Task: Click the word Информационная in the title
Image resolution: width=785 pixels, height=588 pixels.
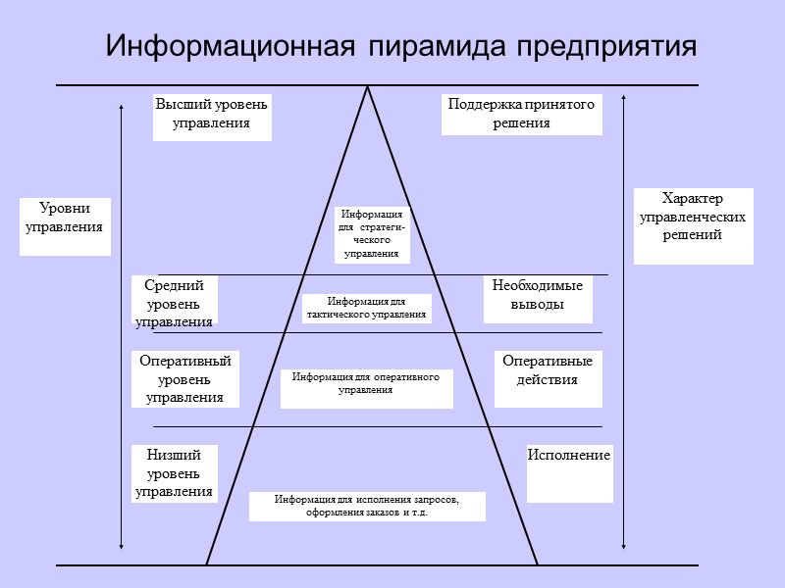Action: [x=229, y=46]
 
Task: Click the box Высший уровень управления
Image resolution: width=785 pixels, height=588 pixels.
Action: [x=212, y=117]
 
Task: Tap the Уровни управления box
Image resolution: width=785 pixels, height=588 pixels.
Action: [x=66, y=226]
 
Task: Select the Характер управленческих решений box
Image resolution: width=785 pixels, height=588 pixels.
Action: [x=693, y=225]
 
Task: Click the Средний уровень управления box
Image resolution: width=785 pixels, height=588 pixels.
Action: [x=175, y=301]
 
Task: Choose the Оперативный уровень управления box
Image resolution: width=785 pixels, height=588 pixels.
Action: [x=185, y=379]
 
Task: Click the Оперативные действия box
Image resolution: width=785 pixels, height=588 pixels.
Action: [x=548, y=378]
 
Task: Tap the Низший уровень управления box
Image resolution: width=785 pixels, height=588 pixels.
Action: [x=175, y=473]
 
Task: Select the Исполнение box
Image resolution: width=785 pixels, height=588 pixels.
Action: [x=569, y=472]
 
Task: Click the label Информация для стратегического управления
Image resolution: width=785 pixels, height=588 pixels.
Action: [x=372, y=234]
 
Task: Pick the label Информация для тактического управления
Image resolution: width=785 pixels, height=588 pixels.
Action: [x=366, y=308]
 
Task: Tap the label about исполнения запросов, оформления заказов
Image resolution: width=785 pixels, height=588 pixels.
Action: [x=367, y=506]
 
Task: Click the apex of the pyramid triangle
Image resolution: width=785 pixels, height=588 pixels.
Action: [x=368, y=88]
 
